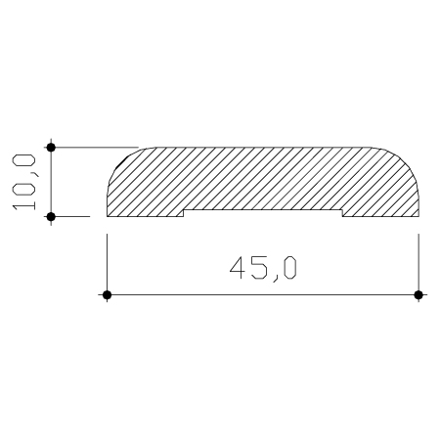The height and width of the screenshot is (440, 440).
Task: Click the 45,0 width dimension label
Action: pos(263,269)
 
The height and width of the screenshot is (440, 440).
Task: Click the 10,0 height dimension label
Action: pos(24,182)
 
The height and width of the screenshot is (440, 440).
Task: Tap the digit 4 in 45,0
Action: pos(238,268)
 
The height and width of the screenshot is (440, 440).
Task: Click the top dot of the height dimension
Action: pos(51,148)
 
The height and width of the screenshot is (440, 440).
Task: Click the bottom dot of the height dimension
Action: pos(51,216)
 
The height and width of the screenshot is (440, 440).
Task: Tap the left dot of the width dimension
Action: pos(107,295)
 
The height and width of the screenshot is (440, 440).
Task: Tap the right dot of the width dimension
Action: pos(418,295)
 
